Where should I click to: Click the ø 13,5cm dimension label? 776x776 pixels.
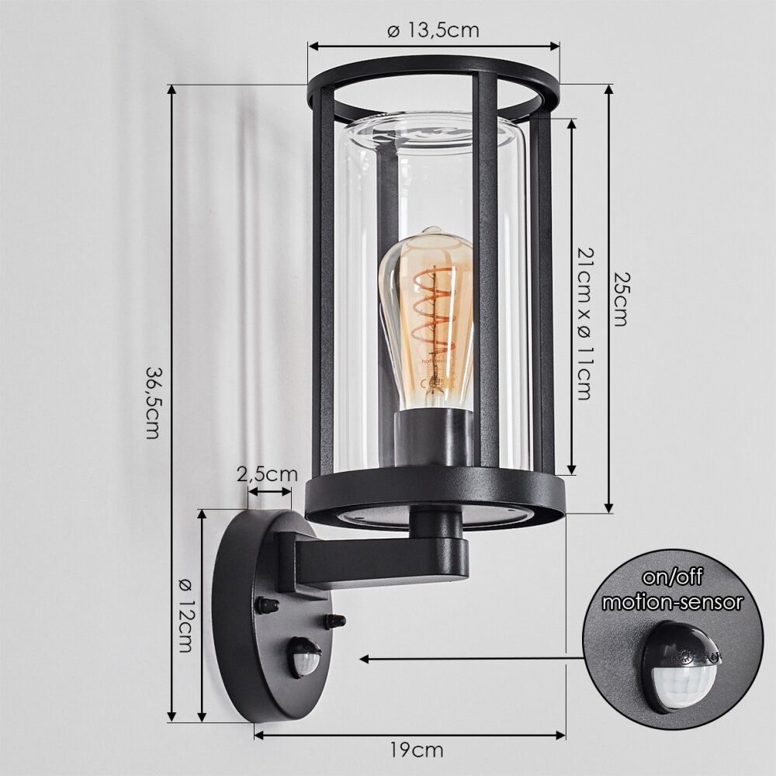(433, 31)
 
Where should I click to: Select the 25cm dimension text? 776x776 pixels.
(620, 299)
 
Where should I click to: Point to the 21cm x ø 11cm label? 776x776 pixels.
(584, 324)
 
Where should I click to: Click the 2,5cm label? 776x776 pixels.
(267, 474)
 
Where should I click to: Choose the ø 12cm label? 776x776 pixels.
(184, 615)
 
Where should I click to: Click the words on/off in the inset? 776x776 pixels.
(672, 578)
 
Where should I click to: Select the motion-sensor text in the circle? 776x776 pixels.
(672, 602)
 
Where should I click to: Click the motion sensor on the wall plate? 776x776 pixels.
(305, 656)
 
